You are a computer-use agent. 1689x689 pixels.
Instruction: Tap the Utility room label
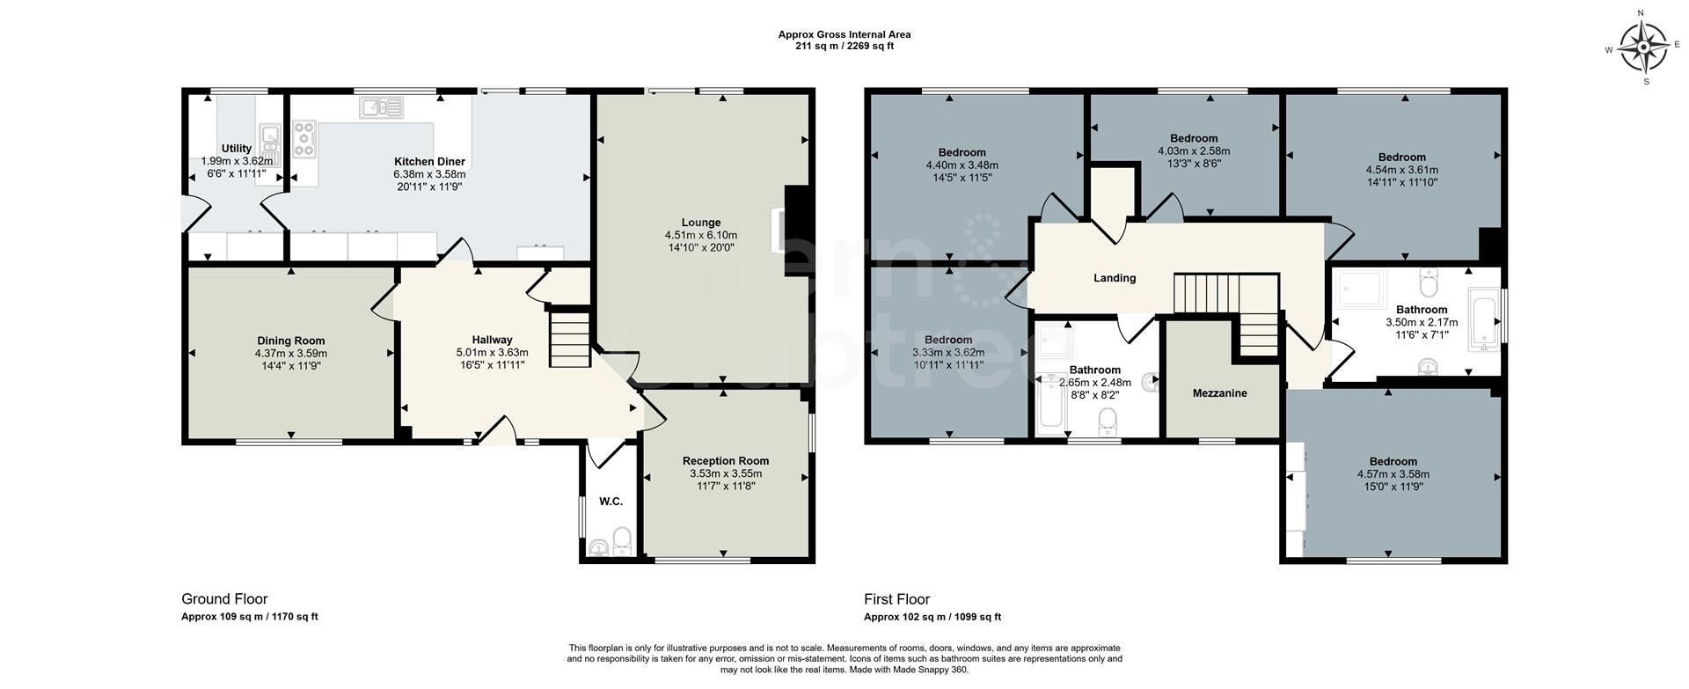coord(237,149)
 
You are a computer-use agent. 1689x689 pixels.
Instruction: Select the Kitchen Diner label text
coord(429,162)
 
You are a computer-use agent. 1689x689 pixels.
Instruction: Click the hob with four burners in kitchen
coord(304,139)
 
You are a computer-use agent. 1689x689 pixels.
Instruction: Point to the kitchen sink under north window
coord(381,108)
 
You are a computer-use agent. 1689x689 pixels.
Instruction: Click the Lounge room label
coord(700,223)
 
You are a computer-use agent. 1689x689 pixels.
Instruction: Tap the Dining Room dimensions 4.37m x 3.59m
coord(290,353)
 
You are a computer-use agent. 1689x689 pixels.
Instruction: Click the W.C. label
coord(611,502)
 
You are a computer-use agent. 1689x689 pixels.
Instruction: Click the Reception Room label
coord(726,461)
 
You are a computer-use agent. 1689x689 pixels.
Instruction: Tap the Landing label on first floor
coord(1115,278)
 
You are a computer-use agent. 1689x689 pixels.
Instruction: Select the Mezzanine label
coord(1219,393)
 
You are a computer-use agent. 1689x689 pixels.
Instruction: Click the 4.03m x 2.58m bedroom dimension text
coord(1194,150)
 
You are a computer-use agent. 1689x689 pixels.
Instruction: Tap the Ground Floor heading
coord(224,599)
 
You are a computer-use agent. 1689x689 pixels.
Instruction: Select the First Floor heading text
coord(896,599)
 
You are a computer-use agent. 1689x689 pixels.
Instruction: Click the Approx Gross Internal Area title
coord(844,35)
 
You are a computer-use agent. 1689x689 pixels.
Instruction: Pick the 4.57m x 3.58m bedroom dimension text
coord(1393,473)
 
